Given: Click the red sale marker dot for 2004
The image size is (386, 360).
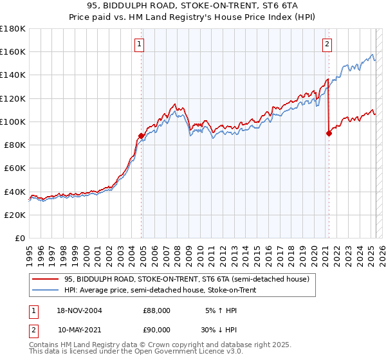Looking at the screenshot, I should (141, 136).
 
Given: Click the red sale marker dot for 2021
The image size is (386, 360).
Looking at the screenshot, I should (329, 134).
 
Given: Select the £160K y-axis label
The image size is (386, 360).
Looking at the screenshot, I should (13, 51).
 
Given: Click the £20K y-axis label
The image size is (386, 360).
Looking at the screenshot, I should (14, 215).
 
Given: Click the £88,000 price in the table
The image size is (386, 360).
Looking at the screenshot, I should (156, 310).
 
